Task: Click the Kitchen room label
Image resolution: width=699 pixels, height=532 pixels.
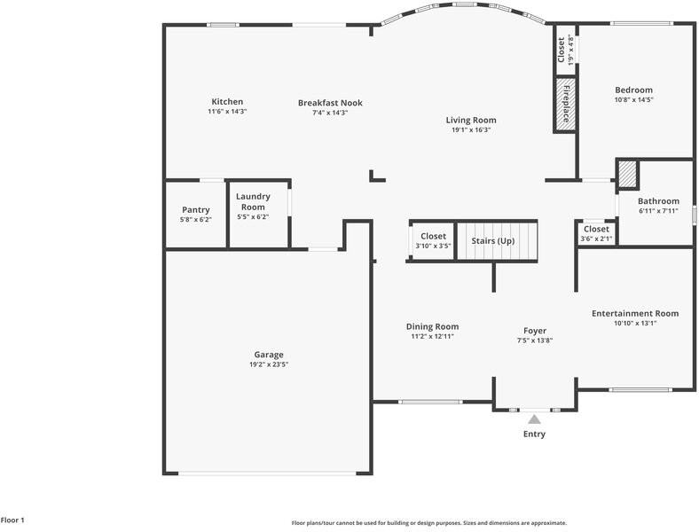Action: [x=226, y=102]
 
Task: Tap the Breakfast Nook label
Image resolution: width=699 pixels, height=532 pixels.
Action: [x=330, y=103]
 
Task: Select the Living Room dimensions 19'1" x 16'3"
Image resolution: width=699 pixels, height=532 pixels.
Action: [x=470, y=130]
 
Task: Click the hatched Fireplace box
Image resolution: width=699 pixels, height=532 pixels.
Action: [x=563, y=105]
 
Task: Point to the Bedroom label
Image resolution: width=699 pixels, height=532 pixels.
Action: [x=633, y=90]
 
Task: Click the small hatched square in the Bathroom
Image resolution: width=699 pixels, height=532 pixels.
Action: [x=627, y=174]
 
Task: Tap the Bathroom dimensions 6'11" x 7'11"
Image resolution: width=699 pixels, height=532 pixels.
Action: [x=657, y=211]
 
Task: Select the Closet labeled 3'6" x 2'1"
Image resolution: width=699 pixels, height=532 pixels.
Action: [x=595, y=233]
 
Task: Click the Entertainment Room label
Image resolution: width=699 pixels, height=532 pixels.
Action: [x=634, y=313]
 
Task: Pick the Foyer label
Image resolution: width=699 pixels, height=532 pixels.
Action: [x=534, y=331]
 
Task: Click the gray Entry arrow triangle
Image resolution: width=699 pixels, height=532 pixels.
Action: [x=534, y=419]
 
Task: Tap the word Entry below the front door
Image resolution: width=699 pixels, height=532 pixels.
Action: [x=534, y=434]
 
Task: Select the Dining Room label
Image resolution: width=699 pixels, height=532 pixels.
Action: [x=432, y=326]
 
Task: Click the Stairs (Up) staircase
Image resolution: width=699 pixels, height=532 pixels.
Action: [x=497, y=240]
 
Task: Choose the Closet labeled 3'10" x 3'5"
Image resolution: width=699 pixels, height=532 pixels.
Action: [x=433, y=240]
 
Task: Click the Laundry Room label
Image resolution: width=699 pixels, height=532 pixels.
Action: [x=253, y=201]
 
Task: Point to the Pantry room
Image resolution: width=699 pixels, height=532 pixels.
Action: [x=195, y=214]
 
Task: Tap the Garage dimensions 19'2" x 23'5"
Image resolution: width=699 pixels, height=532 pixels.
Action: [x=268, y=364]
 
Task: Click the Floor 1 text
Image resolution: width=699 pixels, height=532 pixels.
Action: [x=12, y=520]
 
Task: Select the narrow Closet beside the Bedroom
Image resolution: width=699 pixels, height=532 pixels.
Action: [x=562, y=51]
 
